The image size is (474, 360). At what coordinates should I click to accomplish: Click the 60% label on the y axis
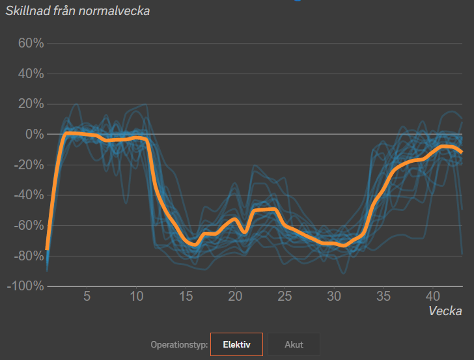pyautogui.click(x=30, y=44)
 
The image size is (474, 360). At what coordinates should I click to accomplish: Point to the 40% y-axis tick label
pyautogui.click(x=30, y=74)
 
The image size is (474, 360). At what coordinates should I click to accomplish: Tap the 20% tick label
pyautogui.click(x=30, y=104)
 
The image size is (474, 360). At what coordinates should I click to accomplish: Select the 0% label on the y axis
pyautogui.click(x=34, y=135)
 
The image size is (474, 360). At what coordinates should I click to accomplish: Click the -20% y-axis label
pyautogui.click(x=28, y=165)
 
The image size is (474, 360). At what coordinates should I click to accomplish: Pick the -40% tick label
pyautogui.click(x=28, y=195)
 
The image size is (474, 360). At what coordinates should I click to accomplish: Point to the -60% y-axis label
pyautogui.click(x=28, y=226)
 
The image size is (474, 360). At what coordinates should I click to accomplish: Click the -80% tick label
pyautogui.click(x=28, y=256)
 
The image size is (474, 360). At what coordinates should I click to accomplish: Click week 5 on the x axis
pyautogui.click(x=87, y=297)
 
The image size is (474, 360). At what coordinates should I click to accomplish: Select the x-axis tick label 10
pyautogui.click(x=136, y=297)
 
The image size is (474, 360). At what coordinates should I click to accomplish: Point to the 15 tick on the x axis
pyautogui.click(x=186, y=297)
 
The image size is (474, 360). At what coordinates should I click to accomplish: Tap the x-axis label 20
pyautogui.click(x=235, y=297)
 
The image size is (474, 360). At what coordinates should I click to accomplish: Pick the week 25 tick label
pyautogui.click(x=285, y=297)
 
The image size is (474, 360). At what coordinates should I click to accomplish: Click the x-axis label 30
pyautogui.click(x=334, y=297)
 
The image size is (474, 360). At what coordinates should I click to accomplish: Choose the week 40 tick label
pyautogui.click(x=433, y=297)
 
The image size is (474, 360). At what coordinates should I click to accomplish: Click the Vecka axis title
pyautogui.click(x=445, y=311)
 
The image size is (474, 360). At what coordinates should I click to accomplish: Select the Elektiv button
pyautogui.click(x=236, y=344)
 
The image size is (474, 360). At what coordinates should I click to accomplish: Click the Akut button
pyautogui.click(x=294, y=344)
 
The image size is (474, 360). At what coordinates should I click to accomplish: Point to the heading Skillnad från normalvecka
pyautogui.click(x=77, y=11)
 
